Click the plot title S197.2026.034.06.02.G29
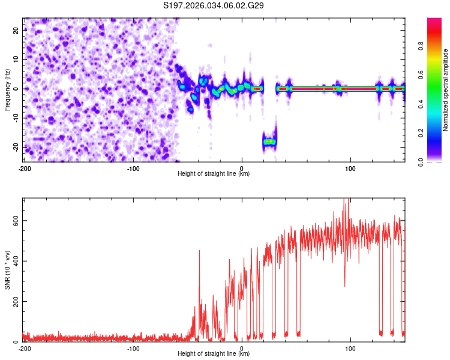[x=214, y=5]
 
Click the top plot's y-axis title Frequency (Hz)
[x=7, y=89]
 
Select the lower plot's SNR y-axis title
[x=7, y=269]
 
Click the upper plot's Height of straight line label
[x=214, y=174]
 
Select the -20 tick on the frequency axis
[x=15, y=147]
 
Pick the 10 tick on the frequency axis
[x=16, y=59]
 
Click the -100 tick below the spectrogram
[x=133, y=168]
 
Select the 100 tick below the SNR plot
[x=350, y=348]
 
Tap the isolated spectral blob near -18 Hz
[x=269, y=142]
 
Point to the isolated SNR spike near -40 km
[x=199, y=252]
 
